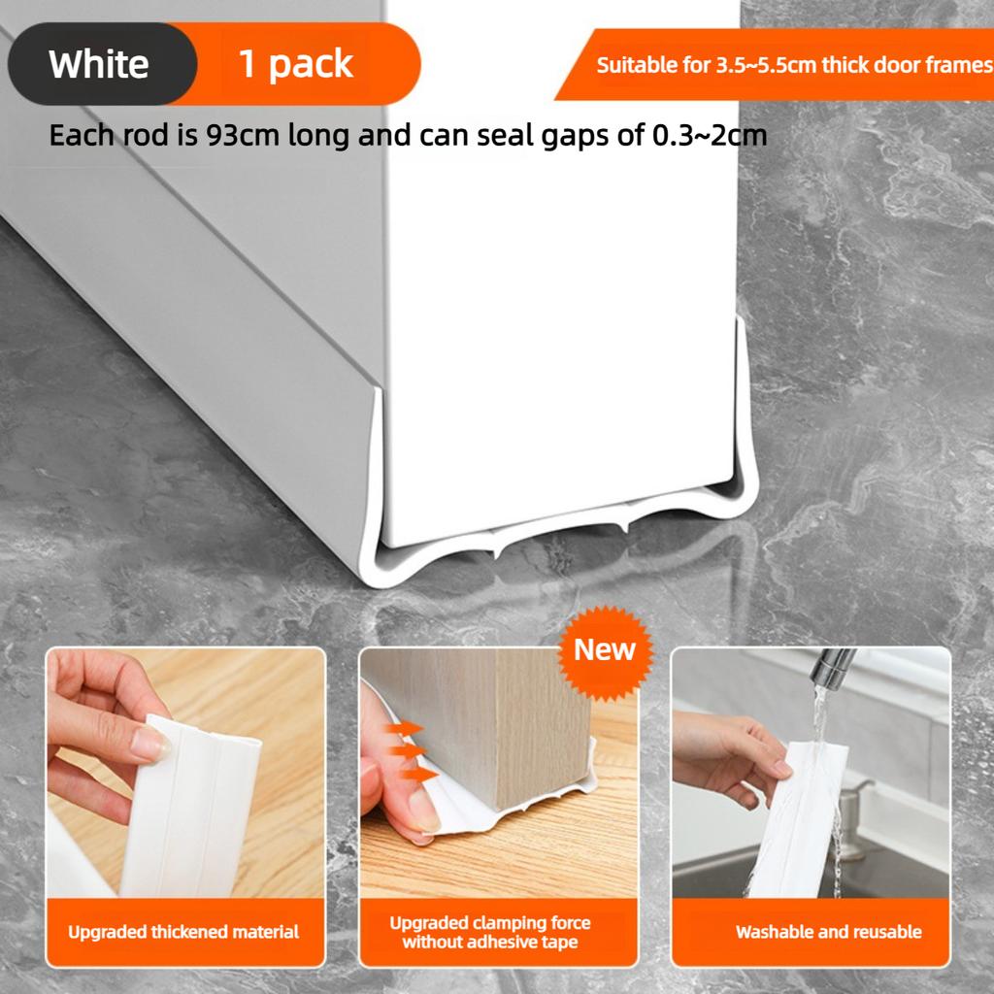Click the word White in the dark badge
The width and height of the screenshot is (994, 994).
click(98, 64)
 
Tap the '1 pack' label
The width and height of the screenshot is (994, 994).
click(295, 64)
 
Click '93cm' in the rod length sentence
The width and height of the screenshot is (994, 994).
click(246, 135)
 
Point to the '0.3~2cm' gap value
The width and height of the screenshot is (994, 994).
click(709, 135)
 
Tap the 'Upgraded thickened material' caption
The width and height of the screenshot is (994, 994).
click(183, 932)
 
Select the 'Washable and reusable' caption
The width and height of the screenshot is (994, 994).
click(828, 932)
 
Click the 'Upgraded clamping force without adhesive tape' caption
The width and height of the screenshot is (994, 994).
click(489, 932)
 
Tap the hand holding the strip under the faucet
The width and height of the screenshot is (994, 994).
click(723, 752)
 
